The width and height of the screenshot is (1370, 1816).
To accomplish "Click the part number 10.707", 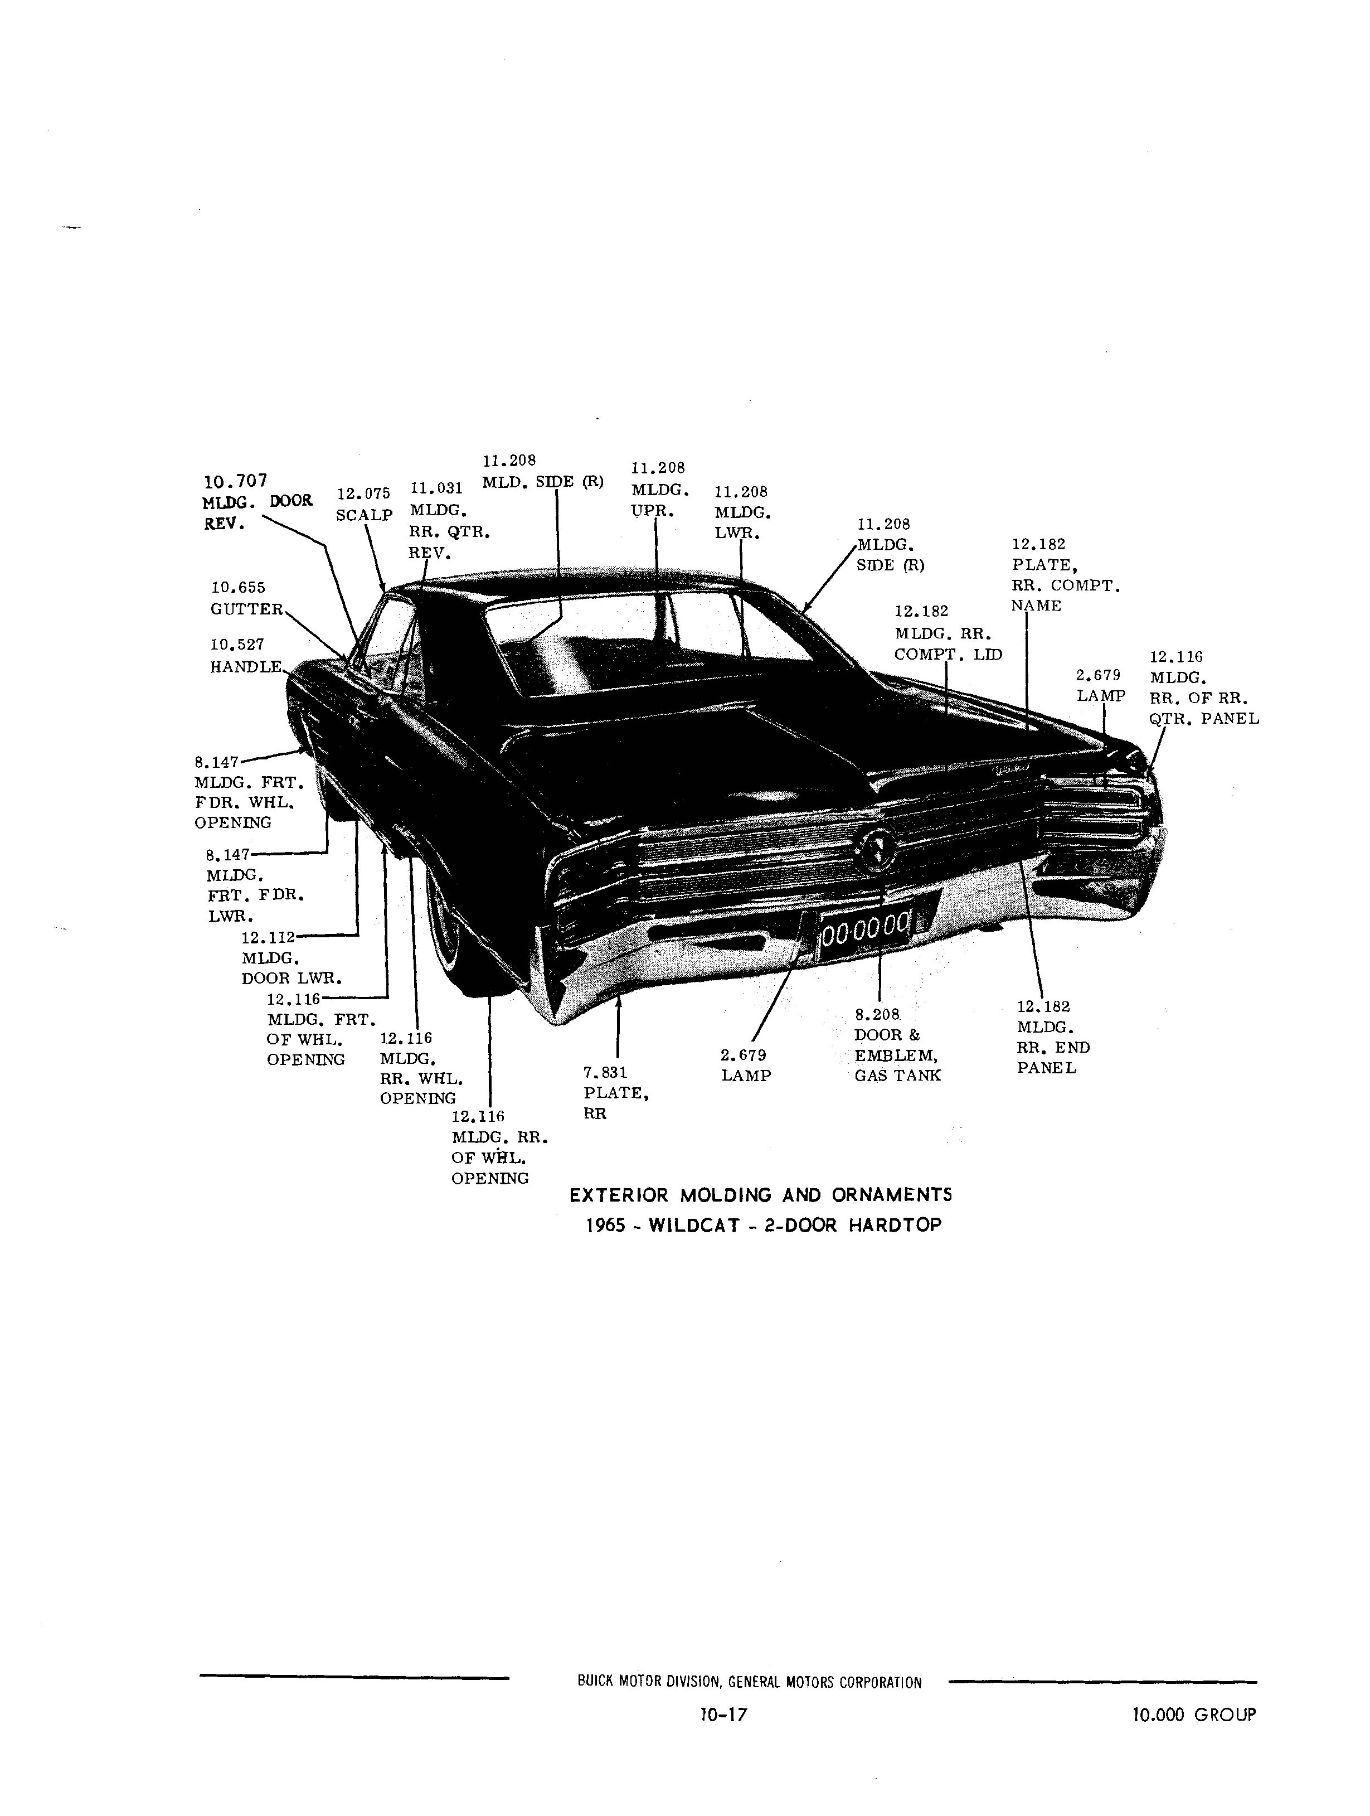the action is [x=236, y=481].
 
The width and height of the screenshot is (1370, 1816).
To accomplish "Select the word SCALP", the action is [x=365, y=515].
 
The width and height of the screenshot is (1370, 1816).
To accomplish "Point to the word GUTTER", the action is [x=247, y=609].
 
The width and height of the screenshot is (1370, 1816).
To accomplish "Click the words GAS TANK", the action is [x=897, y=1076].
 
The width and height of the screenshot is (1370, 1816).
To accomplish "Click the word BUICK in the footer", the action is [x=596, y=1682].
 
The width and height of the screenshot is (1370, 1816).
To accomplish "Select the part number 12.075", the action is [x=363, y=493].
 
